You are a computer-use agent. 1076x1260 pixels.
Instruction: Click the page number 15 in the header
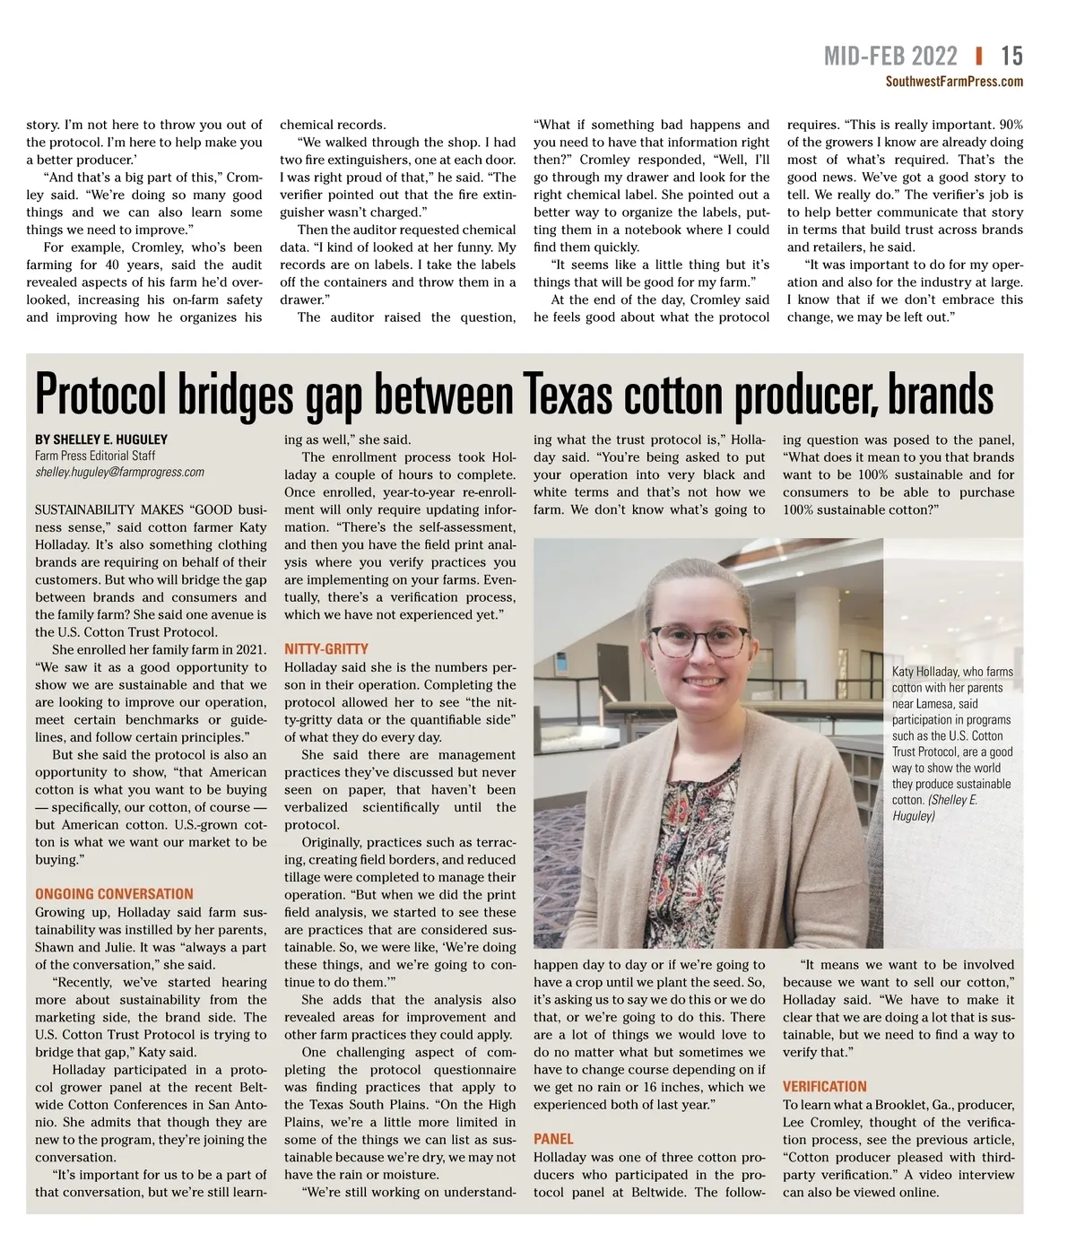tap(1011, 56)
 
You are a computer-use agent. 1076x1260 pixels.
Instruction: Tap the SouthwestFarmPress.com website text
tap(953, 82)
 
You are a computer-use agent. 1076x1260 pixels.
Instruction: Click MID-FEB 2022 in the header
tap(890, 56)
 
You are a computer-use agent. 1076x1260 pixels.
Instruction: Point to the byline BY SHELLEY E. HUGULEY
tap(101, 439)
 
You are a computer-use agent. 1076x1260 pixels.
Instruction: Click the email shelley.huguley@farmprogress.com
tap(119, 472)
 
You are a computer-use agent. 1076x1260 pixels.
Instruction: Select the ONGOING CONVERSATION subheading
tap(114, 894)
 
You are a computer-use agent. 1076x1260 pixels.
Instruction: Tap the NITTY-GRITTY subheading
tap(325, 649)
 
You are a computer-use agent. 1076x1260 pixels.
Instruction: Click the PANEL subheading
tap(553, 1139)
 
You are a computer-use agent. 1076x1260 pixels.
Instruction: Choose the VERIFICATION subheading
tap(824, 1086)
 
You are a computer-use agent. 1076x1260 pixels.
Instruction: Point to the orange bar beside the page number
tap(978, 56)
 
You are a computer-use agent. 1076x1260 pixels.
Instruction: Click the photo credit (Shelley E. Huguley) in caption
tap(935, 808)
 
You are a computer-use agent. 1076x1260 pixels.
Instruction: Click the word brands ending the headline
tap(941, 395)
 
